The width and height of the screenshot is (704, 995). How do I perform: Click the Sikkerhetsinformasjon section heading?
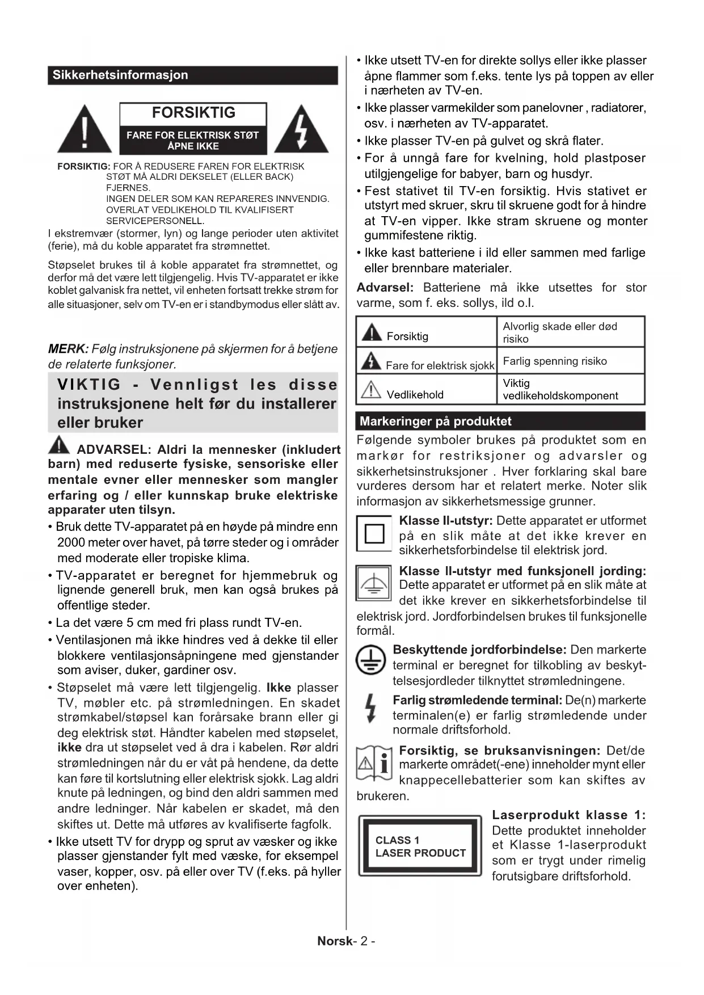pyautogui.click(x=120, y=75)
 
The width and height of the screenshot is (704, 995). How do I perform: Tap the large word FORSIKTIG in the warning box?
pyautogui.click(x=193, y=113)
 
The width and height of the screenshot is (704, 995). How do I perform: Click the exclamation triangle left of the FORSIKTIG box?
pyautogui.click(x=85, y=130)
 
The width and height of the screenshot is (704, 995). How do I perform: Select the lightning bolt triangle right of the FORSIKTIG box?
pyautogui.click(x=301, y=131)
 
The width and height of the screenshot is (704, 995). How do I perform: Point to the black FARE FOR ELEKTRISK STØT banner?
pyautogui.click(x=193, y=140)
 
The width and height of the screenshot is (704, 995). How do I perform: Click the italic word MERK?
pyautogui.click(x=68, y=349)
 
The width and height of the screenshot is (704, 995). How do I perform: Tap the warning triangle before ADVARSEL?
pyautogui.click(x=59, y=445)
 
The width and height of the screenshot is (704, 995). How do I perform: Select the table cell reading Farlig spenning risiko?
pyautogui.click(x=555, y=361)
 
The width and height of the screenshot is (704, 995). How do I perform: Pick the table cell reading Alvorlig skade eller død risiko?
pyautogui.click(x=559, y=332)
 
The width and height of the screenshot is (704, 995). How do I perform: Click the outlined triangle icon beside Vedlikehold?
pyautogui.click(x=371, y=390)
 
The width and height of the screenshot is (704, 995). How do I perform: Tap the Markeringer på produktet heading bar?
pyautogui.click(x=500, y=421)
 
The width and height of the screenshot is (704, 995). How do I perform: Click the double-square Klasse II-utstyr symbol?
pyautogui.click(x=374, y=534)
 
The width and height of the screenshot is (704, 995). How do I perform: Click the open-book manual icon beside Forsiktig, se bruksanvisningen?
pyautogui.click(x=374, y=762)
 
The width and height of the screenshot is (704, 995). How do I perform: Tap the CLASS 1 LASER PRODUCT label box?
pyautogui.click(x=420, y=846)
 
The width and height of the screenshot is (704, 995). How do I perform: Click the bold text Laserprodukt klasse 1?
pyautogui.click(x=568, y=815)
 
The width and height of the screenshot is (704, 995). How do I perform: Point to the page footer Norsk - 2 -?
pyautogui.click(x=346, y=941)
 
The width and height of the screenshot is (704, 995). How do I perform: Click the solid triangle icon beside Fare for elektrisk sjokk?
pyautogui.click(x=371, y=360)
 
